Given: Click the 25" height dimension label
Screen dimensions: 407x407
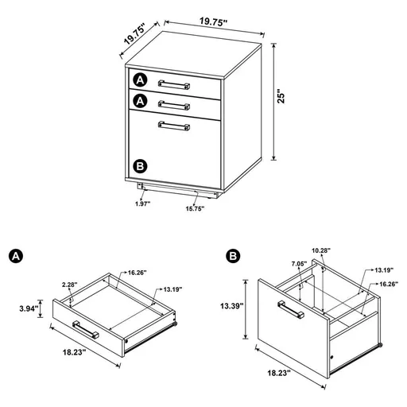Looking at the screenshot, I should [279, 97].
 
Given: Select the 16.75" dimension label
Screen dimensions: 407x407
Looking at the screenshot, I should [196, 209].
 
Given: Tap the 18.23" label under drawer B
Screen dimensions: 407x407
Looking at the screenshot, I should [278, 372].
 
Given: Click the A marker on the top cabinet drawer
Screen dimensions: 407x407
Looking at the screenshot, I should [141, 80].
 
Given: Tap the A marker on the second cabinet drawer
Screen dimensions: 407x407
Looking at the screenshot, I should [141, 102].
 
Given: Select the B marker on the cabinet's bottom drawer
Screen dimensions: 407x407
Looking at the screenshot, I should [141, 165].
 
